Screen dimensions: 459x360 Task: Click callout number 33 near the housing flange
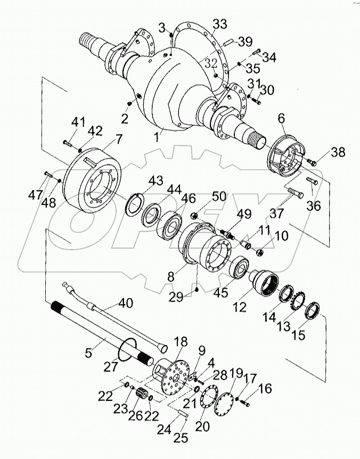(x=219, y=23)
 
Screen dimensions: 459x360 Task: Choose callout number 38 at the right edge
(x=338, y=152)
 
